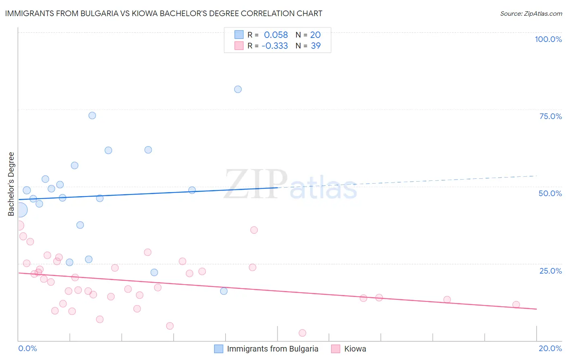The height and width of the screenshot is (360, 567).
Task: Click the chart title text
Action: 164,13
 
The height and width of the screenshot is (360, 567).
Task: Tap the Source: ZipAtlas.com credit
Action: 531,14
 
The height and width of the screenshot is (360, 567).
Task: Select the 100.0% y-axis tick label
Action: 548,39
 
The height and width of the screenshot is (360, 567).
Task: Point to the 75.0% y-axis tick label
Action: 550,116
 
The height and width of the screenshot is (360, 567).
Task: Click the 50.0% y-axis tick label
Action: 550,193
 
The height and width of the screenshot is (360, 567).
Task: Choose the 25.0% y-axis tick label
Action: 550,271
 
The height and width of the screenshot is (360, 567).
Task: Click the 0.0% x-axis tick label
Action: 28,348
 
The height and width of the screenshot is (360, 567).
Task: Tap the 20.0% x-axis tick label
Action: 550,348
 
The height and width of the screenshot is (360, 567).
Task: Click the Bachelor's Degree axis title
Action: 11,184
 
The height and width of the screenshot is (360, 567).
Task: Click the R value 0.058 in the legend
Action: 276,35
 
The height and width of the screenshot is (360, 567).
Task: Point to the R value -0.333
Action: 275,46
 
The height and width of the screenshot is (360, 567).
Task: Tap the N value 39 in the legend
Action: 316,46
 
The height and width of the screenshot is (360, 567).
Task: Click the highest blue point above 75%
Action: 238,89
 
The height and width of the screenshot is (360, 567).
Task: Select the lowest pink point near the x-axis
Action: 302,333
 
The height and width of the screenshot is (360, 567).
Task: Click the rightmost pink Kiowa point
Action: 516,305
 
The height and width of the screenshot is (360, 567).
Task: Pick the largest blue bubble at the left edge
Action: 20,210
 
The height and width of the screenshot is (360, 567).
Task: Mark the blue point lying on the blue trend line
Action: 192,190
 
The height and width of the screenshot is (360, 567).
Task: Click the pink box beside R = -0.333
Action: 239,46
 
